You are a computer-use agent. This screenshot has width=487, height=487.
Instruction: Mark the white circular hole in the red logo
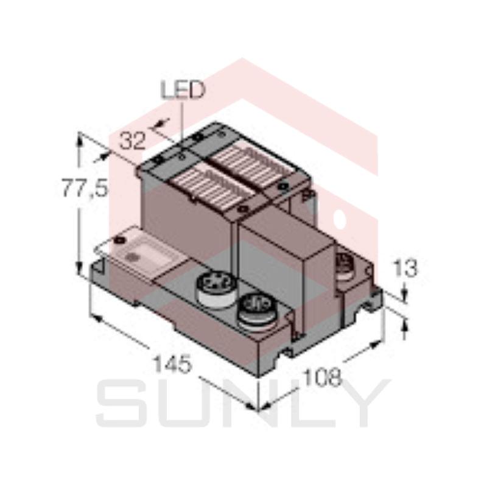pos(340,215)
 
